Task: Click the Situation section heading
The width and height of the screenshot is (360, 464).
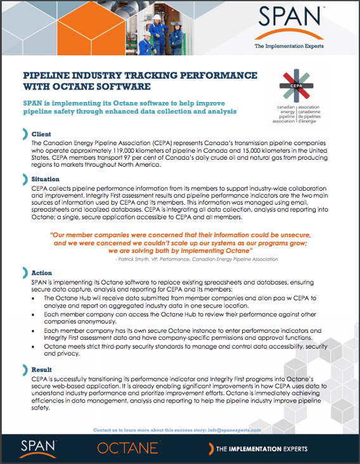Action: tap(46, 179)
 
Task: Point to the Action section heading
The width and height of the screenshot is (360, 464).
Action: tap(42, 272)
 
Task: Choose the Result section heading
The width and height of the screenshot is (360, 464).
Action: tap(42, 368)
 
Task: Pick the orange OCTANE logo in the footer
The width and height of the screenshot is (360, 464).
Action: tap(128, 448)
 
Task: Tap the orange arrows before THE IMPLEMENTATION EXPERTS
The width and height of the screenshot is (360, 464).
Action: tap(208, 449)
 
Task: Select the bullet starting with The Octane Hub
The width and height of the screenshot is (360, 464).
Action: tap(184, 302)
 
